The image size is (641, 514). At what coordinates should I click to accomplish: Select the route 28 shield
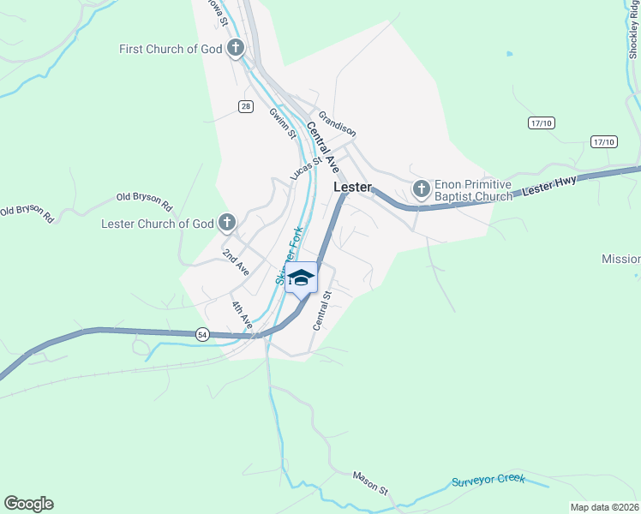coord(246,105)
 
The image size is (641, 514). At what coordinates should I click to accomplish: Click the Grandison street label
coord(337,123)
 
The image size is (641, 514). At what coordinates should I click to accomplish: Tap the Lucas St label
coord(305,168)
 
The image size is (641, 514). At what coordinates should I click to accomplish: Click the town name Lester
coord(351,187)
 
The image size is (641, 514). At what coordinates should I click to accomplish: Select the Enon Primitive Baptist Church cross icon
coord(421,188)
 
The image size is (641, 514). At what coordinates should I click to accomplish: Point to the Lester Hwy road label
coord(549,185)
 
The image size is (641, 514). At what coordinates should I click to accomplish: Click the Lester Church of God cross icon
coord(227,224)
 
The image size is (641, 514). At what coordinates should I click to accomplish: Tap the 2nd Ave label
coord(235,262)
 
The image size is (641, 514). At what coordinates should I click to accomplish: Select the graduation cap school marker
coord(301,278)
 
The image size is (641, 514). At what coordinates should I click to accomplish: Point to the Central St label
coord(321,310)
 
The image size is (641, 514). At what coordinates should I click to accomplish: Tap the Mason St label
coord(371,482)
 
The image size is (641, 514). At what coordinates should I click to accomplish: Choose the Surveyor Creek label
coord(488,481)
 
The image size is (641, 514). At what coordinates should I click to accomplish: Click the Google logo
coord(28,504)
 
